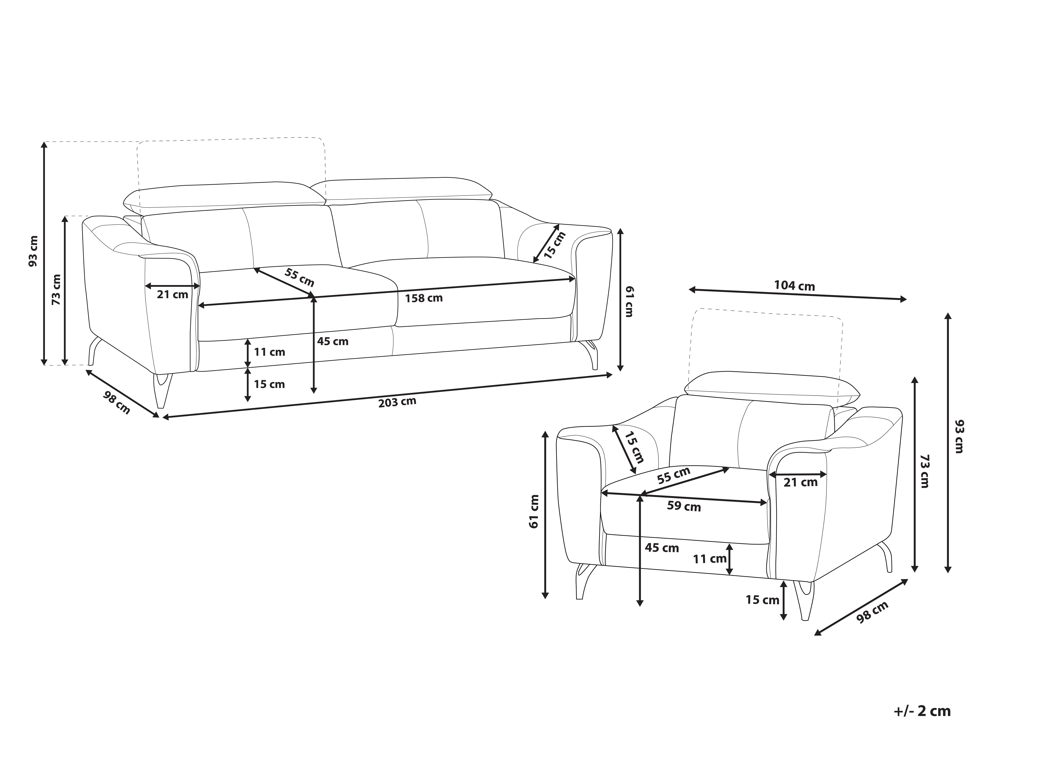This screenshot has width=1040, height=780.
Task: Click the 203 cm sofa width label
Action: pos(397,402)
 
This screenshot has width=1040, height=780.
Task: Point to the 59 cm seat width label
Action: pos(684,506)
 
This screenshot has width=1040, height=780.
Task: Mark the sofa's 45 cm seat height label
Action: pos(333,341)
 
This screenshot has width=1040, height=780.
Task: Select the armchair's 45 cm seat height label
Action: pos(662,548)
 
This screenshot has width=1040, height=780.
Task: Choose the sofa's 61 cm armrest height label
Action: pos(628,301)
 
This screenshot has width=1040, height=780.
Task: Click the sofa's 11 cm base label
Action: pos(269,352)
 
